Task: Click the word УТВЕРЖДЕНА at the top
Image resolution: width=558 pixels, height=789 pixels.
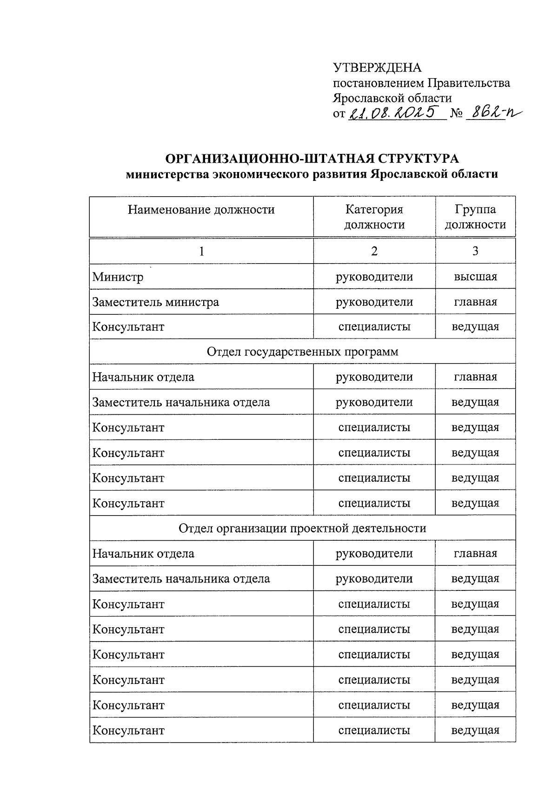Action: [377, 68]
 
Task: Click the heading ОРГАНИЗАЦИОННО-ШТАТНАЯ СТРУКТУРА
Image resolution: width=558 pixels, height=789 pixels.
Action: [312, 159]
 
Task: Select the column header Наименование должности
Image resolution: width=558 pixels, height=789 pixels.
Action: [201, 210]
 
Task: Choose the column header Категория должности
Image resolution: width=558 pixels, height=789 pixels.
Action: [374, 217]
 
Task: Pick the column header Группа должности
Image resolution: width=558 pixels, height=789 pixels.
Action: [475, 217]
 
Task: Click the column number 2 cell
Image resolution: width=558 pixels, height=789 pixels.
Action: [374, 251]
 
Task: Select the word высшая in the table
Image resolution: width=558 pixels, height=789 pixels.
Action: [475, 277]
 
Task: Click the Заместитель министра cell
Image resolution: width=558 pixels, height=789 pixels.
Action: [155, 302]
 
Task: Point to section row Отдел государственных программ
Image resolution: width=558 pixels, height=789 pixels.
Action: [302, 352]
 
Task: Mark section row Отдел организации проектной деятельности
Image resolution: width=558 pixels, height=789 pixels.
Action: [302, 529]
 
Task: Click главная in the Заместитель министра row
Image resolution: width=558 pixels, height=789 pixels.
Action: [475, 302]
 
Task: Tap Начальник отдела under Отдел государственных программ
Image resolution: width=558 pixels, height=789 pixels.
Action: [143, 377]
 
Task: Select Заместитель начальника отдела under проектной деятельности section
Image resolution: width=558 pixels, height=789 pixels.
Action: [181, 579]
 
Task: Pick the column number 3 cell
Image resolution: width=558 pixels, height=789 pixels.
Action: [475, 251]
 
